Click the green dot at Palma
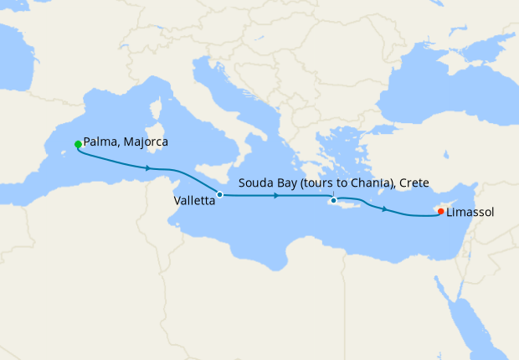click(78, 144)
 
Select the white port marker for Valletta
click(220, 194)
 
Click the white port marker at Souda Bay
click(333, 200)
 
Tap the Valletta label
click(193, 202)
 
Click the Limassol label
click(470, 213)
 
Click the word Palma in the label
click(100, 142)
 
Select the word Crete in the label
click(414, 183)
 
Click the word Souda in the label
click(255, 183)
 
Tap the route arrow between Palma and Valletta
click(148, 168)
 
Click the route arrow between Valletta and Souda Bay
click(276, 195)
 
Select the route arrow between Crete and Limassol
click(384, 208)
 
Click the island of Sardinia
click(155, 134)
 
